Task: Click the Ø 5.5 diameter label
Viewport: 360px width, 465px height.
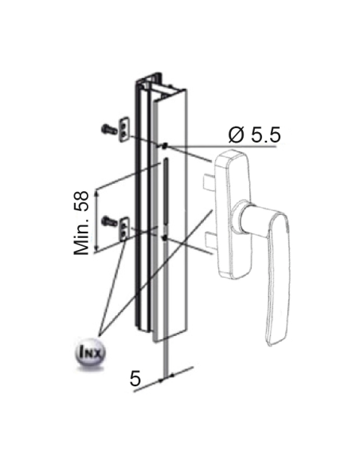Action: [254, 135]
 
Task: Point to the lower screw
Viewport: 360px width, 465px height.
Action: [107, 217]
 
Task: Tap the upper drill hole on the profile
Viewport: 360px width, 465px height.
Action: [162, 146]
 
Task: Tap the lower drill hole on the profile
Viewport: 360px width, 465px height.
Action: [162, 236]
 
